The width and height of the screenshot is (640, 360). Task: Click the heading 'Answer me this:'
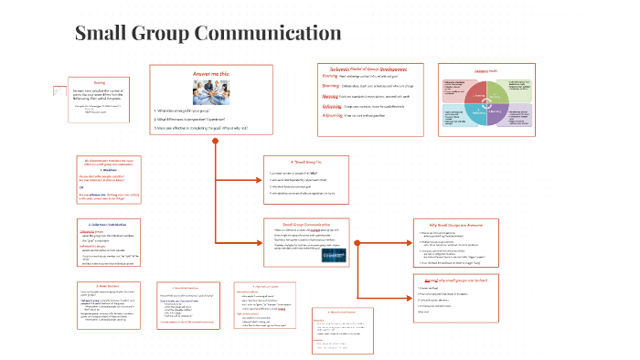click(217, 74)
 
